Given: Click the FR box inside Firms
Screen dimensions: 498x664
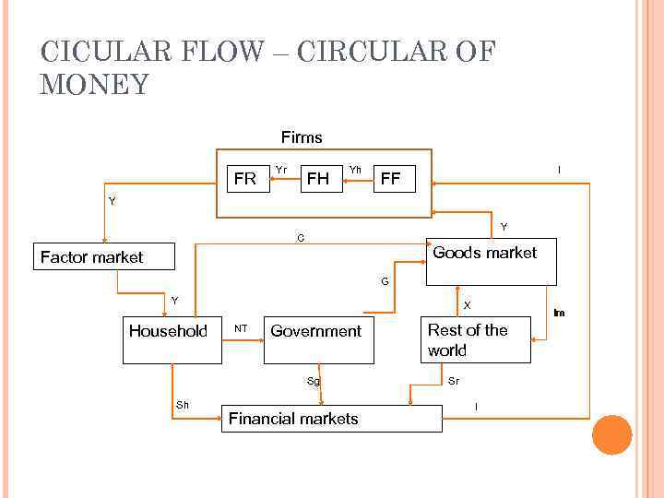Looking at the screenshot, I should coord(246,179).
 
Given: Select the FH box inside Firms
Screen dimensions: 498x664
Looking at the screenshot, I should coord(318,179).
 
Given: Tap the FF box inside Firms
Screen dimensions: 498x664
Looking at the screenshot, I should coord(391,179).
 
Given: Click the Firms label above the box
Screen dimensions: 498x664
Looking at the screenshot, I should coord(302,137).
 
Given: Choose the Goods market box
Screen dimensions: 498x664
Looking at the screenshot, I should coord(491,262).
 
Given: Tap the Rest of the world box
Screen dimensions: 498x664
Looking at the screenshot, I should coord(475,340).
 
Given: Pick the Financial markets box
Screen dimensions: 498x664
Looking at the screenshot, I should coord(332,419).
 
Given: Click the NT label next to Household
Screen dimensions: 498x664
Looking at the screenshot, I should coord(241,327).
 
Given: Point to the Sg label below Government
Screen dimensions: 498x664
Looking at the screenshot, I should coord(314,381).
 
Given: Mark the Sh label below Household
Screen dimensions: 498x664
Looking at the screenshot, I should coord(183,405).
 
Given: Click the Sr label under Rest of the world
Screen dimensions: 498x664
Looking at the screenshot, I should coord(454,381).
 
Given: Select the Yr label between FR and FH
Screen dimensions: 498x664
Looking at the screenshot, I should coord(281,170).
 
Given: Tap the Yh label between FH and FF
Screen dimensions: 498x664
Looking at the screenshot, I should coord(355,170).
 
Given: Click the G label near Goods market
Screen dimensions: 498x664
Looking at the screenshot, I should coord(385,280).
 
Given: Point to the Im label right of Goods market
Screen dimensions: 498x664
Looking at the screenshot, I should coord(559,314).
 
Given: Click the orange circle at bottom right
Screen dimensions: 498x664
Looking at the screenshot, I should coord(611,434).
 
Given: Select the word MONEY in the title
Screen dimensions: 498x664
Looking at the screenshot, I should coord(94,85).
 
